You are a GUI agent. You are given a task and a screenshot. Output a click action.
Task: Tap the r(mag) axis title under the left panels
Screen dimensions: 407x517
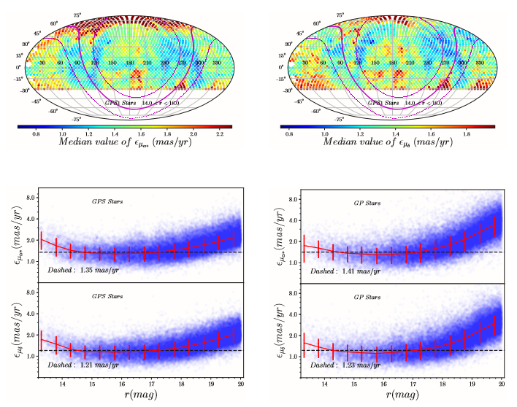point(137,398)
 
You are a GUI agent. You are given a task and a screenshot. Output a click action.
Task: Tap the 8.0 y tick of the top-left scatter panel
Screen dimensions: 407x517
point(32,198)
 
